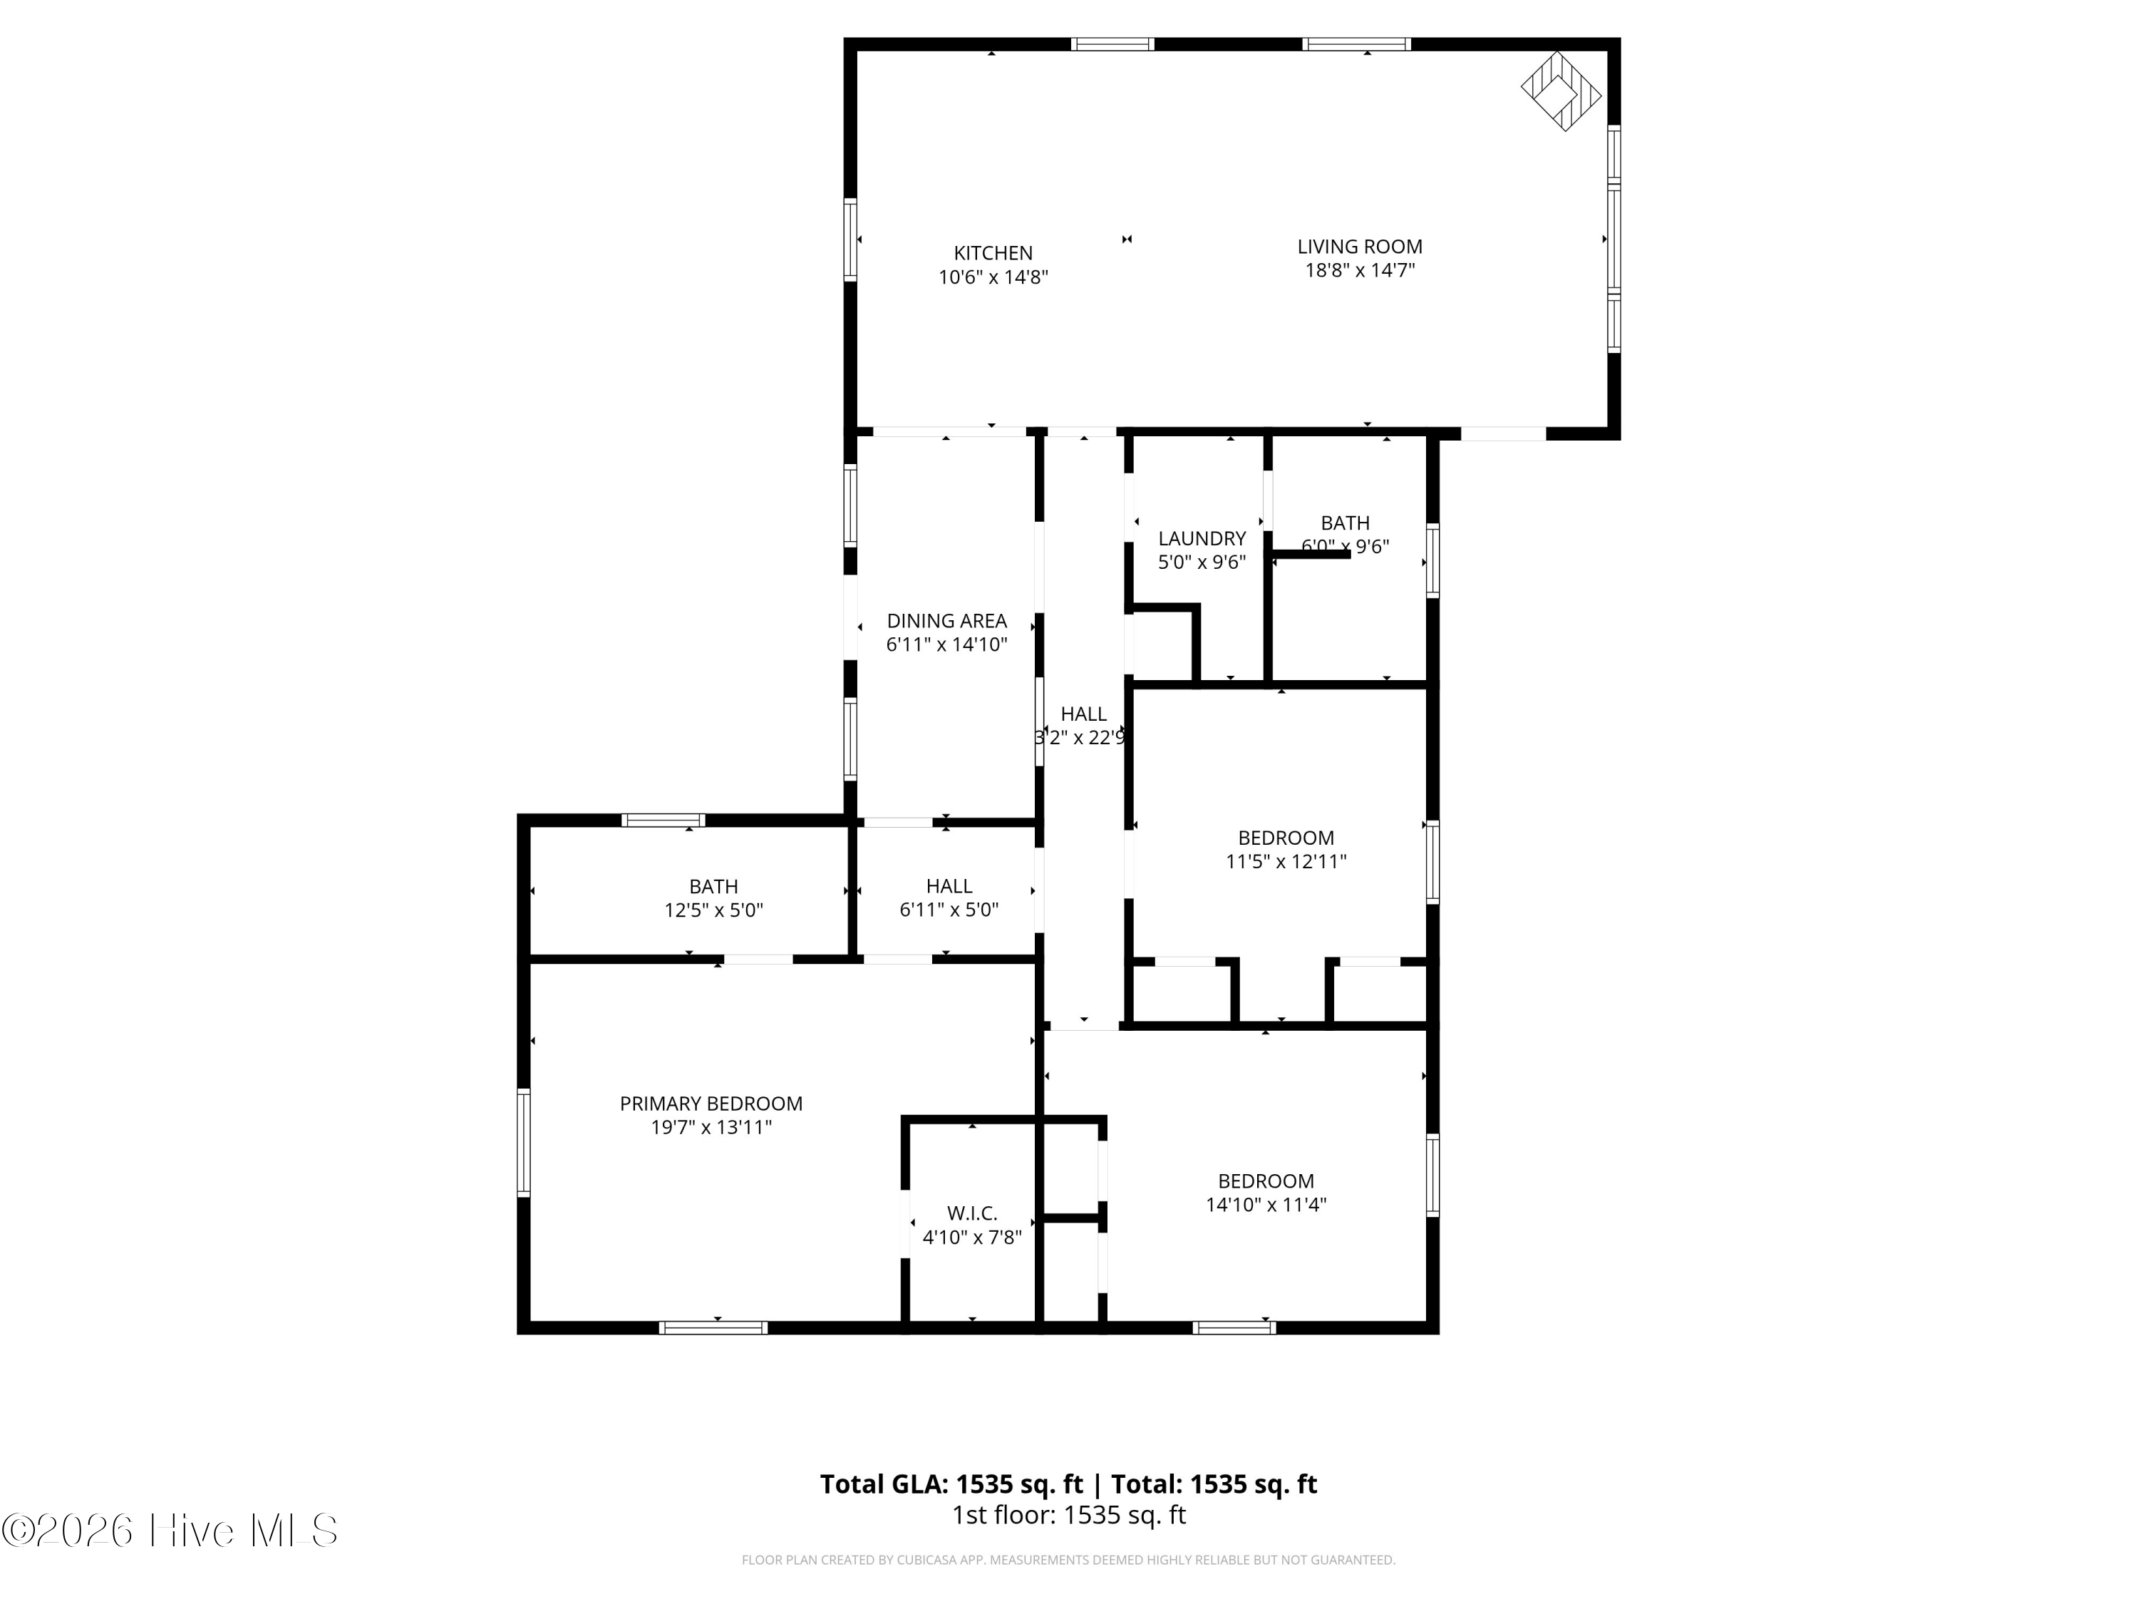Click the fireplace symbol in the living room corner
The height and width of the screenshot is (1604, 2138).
pos(1560,92)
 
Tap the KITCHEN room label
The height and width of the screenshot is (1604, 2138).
pos(993,253)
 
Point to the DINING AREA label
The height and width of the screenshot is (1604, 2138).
pos(946,621)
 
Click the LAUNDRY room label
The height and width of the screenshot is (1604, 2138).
pos(1202,538)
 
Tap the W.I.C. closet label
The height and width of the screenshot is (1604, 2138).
pos(971,1213)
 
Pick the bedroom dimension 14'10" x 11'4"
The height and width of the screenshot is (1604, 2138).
pos(1265,1205)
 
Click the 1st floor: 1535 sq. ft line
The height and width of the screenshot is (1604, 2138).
pos(1068,1515)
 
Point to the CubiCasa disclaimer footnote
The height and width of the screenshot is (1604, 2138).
pos(1068,1560)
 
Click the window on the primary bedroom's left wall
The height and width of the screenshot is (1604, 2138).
pos(524,1143)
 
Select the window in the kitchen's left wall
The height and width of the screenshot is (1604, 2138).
pos(850,239)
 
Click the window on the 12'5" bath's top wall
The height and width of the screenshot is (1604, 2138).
pos(663,821)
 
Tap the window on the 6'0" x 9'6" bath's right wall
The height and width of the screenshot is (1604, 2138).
pos(1432,561)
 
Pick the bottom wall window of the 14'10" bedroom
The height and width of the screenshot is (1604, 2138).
pos(1234,1328)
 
